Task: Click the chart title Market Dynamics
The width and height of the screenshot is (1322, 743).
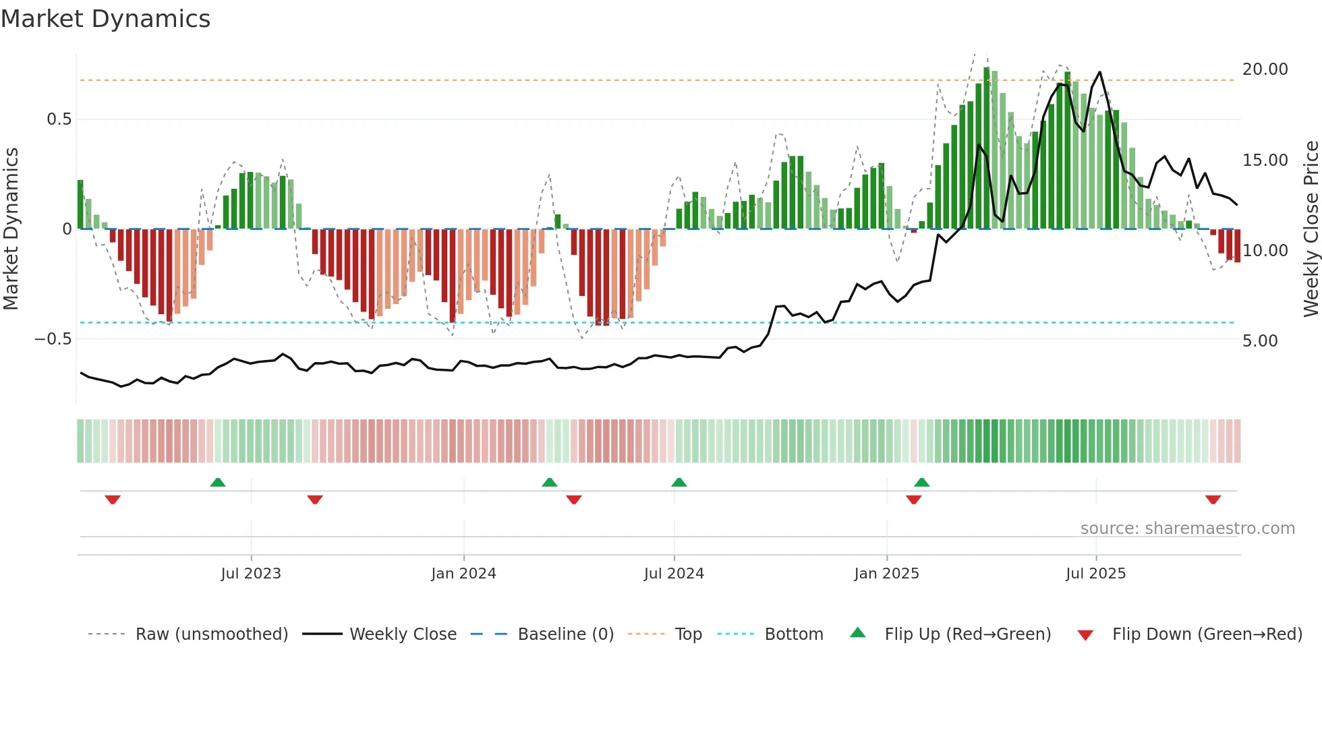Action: (x=105, y=19)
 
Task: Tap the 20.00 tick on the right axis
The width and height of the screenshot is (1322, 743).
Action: (x=1265, y=69)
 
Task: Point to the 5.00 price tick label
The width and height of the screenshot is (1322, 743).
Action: (x=1260, y=341)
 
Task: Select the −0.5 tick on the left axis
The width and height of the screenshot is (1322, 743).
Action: (x=53, y=339)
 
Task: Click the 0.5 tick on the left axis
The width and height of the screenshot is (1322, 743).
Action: (x=59, y=119)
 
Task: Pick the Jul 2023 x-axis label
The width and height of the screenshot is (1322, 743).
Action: (x=251, y=574)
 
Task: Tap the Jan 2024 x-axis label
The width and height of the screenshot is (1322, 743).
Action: (x=463, y=574)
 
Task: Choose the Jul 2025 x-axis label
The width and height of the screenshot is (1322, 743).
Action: (x=1095, y=574)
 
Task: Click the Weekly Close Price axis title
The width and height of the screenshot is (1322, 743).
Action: (x=1311, y=229)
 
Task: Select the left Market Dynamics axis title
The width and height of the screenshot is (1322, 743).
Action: (x=11, y=229)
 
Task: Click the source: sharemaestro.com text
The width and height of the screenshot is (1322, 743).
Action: (x=1187, y=529)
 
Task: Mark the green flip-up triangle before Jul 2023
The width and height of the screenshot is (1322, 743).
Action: (x=218, y=483)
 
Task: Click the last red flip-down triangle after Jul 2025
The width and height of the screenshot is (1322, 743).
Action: (x=1213, y=500)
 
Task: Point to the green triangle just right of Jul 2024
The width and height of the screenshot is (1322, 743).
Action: (x=679, y=483)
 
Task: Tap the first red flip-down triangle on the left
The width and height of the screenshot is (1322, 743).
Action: (x=113, y=500)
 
